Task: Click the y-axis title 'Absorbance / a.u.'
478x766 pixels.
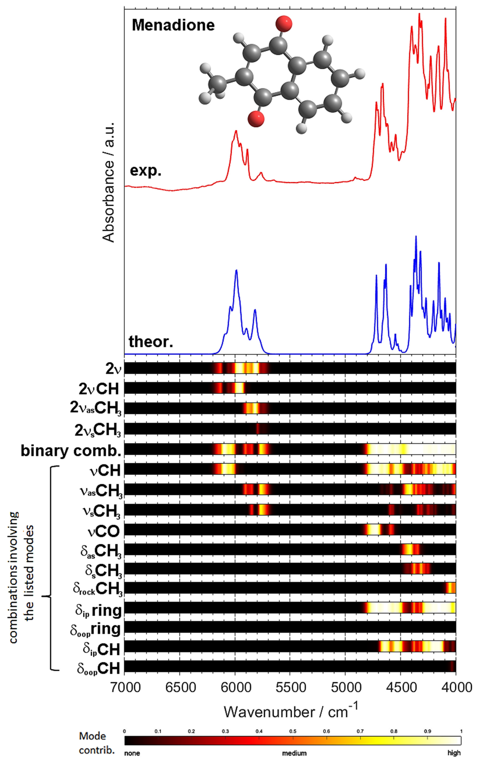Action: click(109, 183)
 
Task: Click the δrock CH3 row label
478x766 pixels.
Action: click(97, 588)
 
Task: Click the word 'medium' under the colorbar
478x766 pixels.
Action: click(294, 753)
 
